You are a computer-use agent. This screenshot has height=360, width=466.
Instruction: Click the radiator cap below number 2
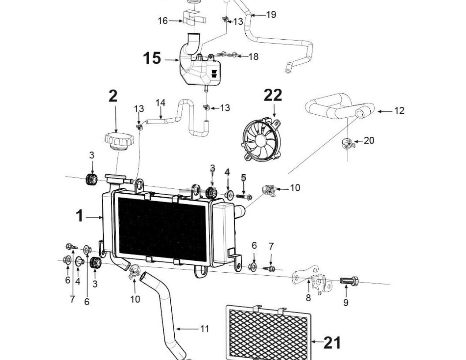pyautogui.click(x=119, y=140)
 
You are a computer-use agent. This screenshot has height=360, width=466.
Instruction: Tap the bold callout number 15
pyautogui.click(x=152, y=58)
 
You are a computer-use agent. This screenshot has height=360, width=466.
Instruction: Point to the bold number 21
pyautogui.click(x=332, y=342)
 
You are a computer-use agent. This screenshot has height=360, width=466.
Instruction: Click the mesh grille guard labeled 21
pyautogui.click(x=268, y=333)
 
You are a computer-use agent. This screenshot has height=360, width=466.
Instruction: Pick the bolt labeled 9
pyautogui.click(x=349, y=281)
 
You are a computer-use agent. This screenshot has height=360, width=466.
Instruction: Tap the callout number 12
pyautogui.click(x=399, y=111)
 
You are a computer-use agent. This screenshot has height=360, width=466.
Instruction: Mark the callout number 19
pyautogui.click(x=271, y=15)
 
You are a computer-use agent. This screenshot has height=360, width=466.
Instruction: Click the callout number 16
pyautogui.click(x=162, y=21)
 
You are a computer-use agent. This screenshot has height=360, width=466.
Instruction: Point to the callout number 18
pyautogui.click(x=253, y=56)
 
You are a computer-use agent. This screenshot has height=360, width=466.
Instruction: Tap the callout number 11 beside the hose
pyautogui.click(x=204, y=329)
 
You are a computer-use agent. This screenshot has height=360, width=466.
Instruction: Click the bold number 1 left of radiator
pyautogui.click(x=79, y=216)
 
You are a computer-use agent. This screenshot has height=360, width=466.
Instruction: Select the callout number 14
pyautogui.click(x=161, y=103)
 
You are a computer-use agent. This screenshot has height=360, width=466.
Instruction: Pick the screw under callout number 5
pyautogui.click(x=244, y=197)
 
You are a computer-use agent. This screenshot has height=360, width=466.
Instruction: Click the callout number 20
pyautogui.click(x=369, y=140)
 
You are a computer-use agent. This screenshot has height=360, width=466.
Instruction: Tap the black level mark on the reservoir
pyautogui.click(x=214, y=74)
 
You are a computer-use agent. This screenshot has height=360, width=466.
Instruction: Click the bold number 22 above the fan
pyautogui.click(x=273, y=95)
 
